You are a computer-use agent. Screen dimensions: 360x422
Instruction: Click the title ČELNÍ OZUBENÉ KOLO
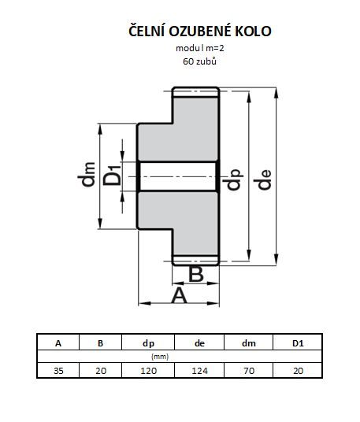(x=200, y=31)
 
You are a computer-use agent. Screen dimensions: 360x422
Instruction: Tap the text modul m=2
(x=200, y=49)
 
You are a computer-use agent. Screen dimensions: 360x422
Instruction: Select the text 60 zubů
(x=199, y=61)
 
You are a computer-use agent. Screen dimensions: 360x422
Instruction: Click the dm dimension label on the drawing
(x=87, y=175)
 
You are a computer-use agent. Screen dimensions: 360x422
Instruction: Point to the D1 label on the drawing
(x=112, y=176)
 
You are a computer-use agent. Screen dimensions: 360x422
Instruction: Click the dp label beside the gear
(x=232, y=180)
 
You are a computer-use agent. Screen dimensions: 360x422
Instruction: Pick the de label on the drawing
(x=262, y=180)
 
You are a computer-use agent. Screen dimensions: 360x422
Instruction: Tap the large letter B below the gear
(x=195, y=274)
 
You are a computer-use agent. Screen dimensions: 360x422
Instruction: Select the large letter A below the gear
(x=179, y=295)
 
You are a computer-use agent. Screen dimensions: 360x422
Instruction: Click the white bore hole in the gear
(x=178, y=176)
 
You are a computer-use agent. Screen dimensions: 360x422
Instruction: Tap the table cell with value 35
(x=58, y=370)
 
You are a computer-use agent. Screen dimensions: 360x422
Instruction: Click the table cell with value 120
(x=148, y=370)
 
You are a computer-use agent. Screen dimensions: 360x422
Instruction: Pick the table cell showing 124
(x=199, y=370)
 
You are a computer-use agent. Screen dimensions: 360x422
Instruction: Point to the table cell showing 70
(x=248, y=370)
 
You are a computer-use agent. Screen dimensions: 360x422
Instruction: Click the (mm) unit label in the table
(x=160, y=357)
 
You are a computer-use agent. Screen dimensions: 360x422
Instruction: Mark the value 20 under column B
(x=101, y=371)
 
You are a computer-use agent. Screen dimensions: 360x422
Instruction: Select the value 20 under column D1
(x=298, y=371)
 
